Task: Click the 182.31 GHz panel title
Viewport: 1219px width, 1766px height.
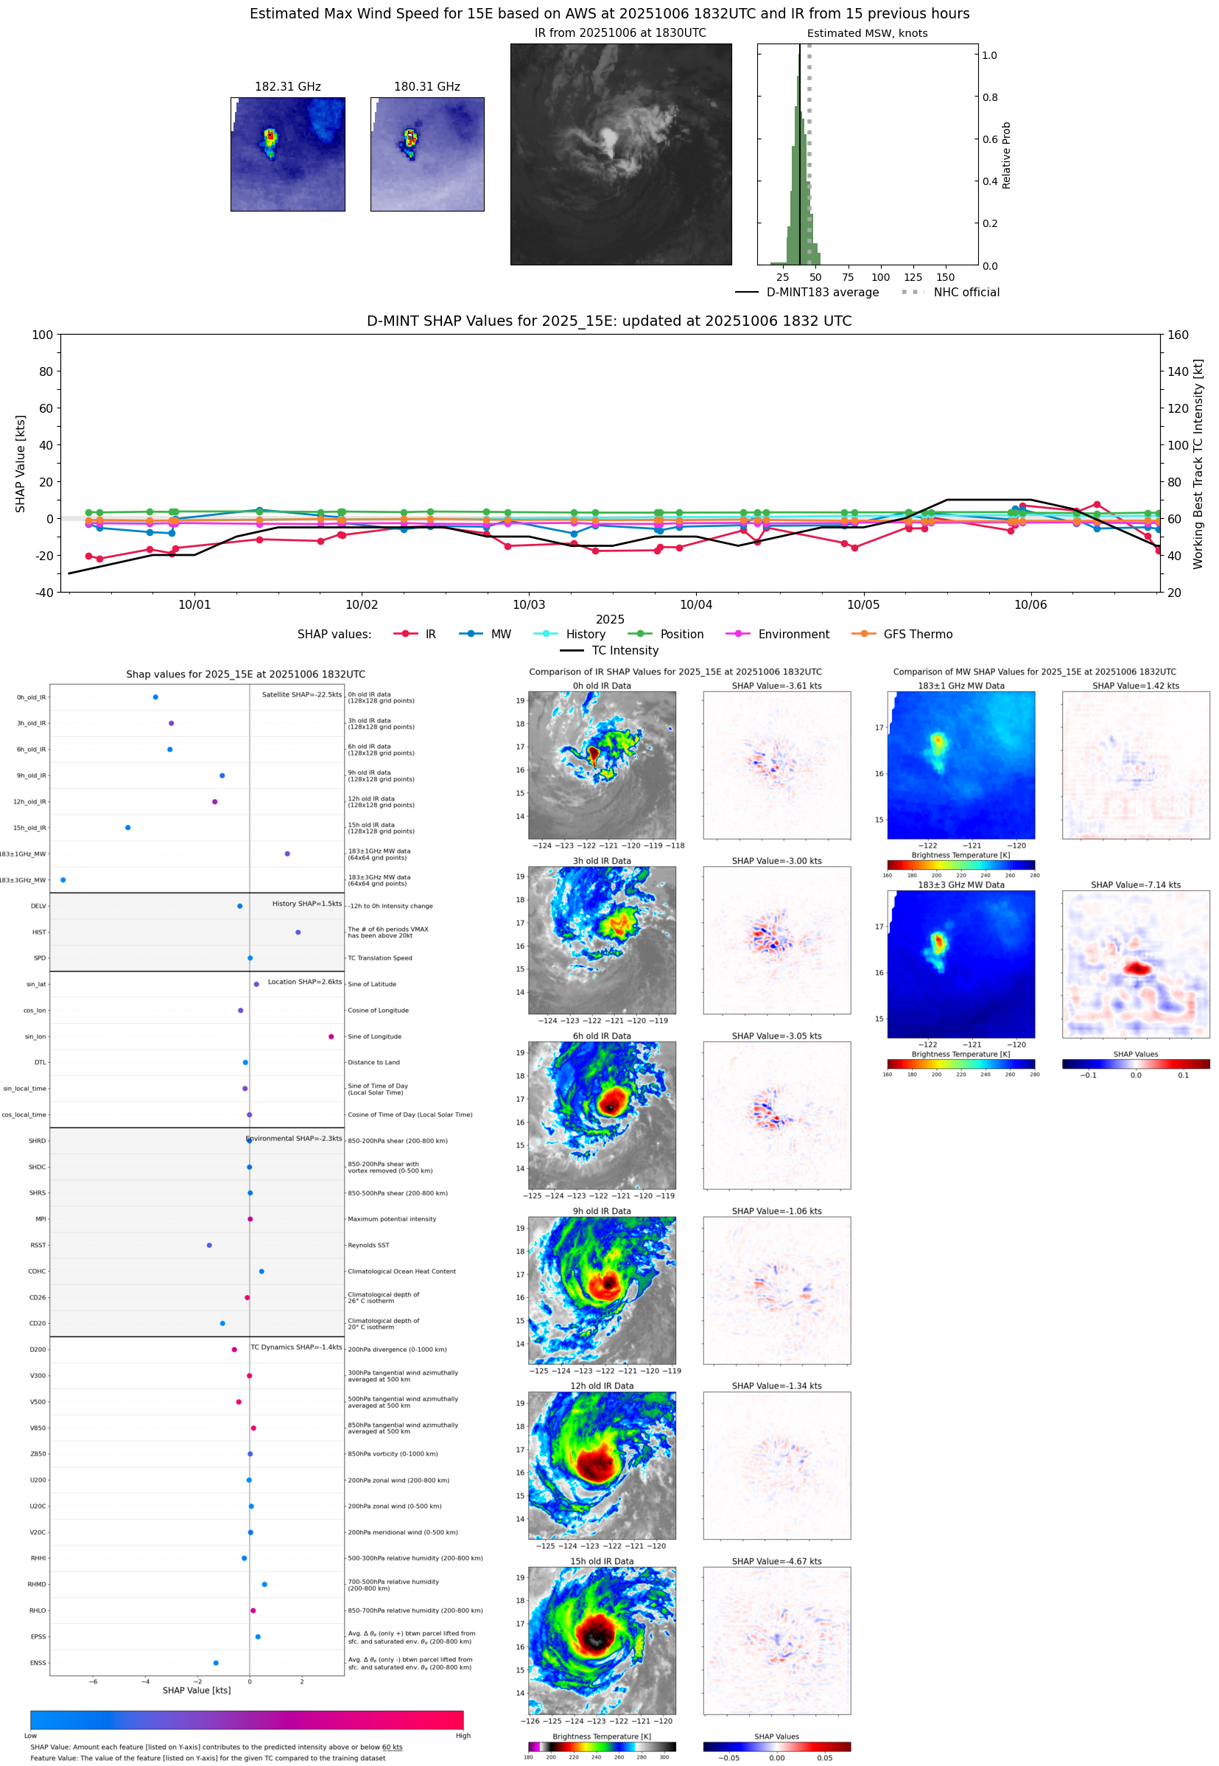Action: pyautogui.click(x=287, y=87)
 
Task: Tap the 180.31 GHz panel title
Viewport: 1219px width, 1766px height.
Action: pyautogui.click(x=427, y=87)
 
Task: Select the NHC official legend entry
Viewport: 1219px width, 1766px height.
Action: pyautogui.click(x=966, y=293)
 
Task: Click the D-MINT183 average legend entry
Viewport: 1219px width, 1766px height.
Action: pyautogui.click(x=822, y=293)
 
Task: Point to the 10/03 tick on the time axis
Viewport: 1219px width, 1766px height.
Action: pyautogui.click(x=529, y=604)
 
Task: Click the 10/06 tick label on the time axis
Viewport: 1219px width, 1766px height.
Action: pyautogui.click(x=1030, y=604)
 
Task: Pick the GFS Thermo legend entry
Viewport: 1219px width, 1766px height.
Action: pyautogui.click(x=917, y=635)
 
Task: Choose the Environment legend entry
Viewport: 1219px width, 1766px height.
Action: pyautogui.click(x=793, y=635)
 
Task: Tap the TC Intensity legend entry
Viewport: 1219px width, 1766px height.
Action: pyautogui.click(x=624, y=650)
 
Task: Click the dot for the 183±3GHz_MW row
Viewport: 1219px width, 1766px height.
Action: pyautogui.click(x=63, y=879)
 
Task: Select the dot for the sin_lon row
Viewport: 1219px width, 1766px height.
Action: pyautogui.click(x=331, y=1036)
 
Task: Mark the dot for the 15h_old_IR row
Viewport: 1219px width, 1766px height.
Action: pyautogui.click(x=127, y=828)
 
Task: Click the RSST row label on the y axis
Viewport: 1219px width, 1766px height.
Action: pyautogui.click(x=38, y=1245)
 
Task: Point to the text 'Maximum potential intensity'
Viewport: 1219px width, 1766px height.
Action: pyautogui.click(x=392, y=1219)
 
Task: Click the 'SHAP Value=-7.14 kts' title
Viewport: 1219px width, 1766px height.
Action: pyautogui.click(x=1135, y=885)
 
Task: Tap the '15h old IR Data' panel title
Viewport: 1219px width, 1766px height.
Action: pyautogui.click(x=602, y=1561)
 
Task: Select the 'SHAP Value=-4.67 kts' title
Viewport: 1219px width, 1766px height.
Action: pyautogui.click(x=776, y=1561)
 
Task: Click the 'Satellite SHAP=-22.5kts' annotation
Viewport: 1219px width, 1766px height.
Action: pyautogui.click(x=302, y=694)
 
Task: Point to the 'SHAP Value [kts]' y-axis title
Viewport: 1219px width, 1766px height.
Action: pyautogui.click(x=21, y=463)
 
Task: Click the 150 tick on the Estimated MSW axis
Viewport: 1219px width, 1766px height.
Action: pyautogui.click(x=945, y=277)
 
